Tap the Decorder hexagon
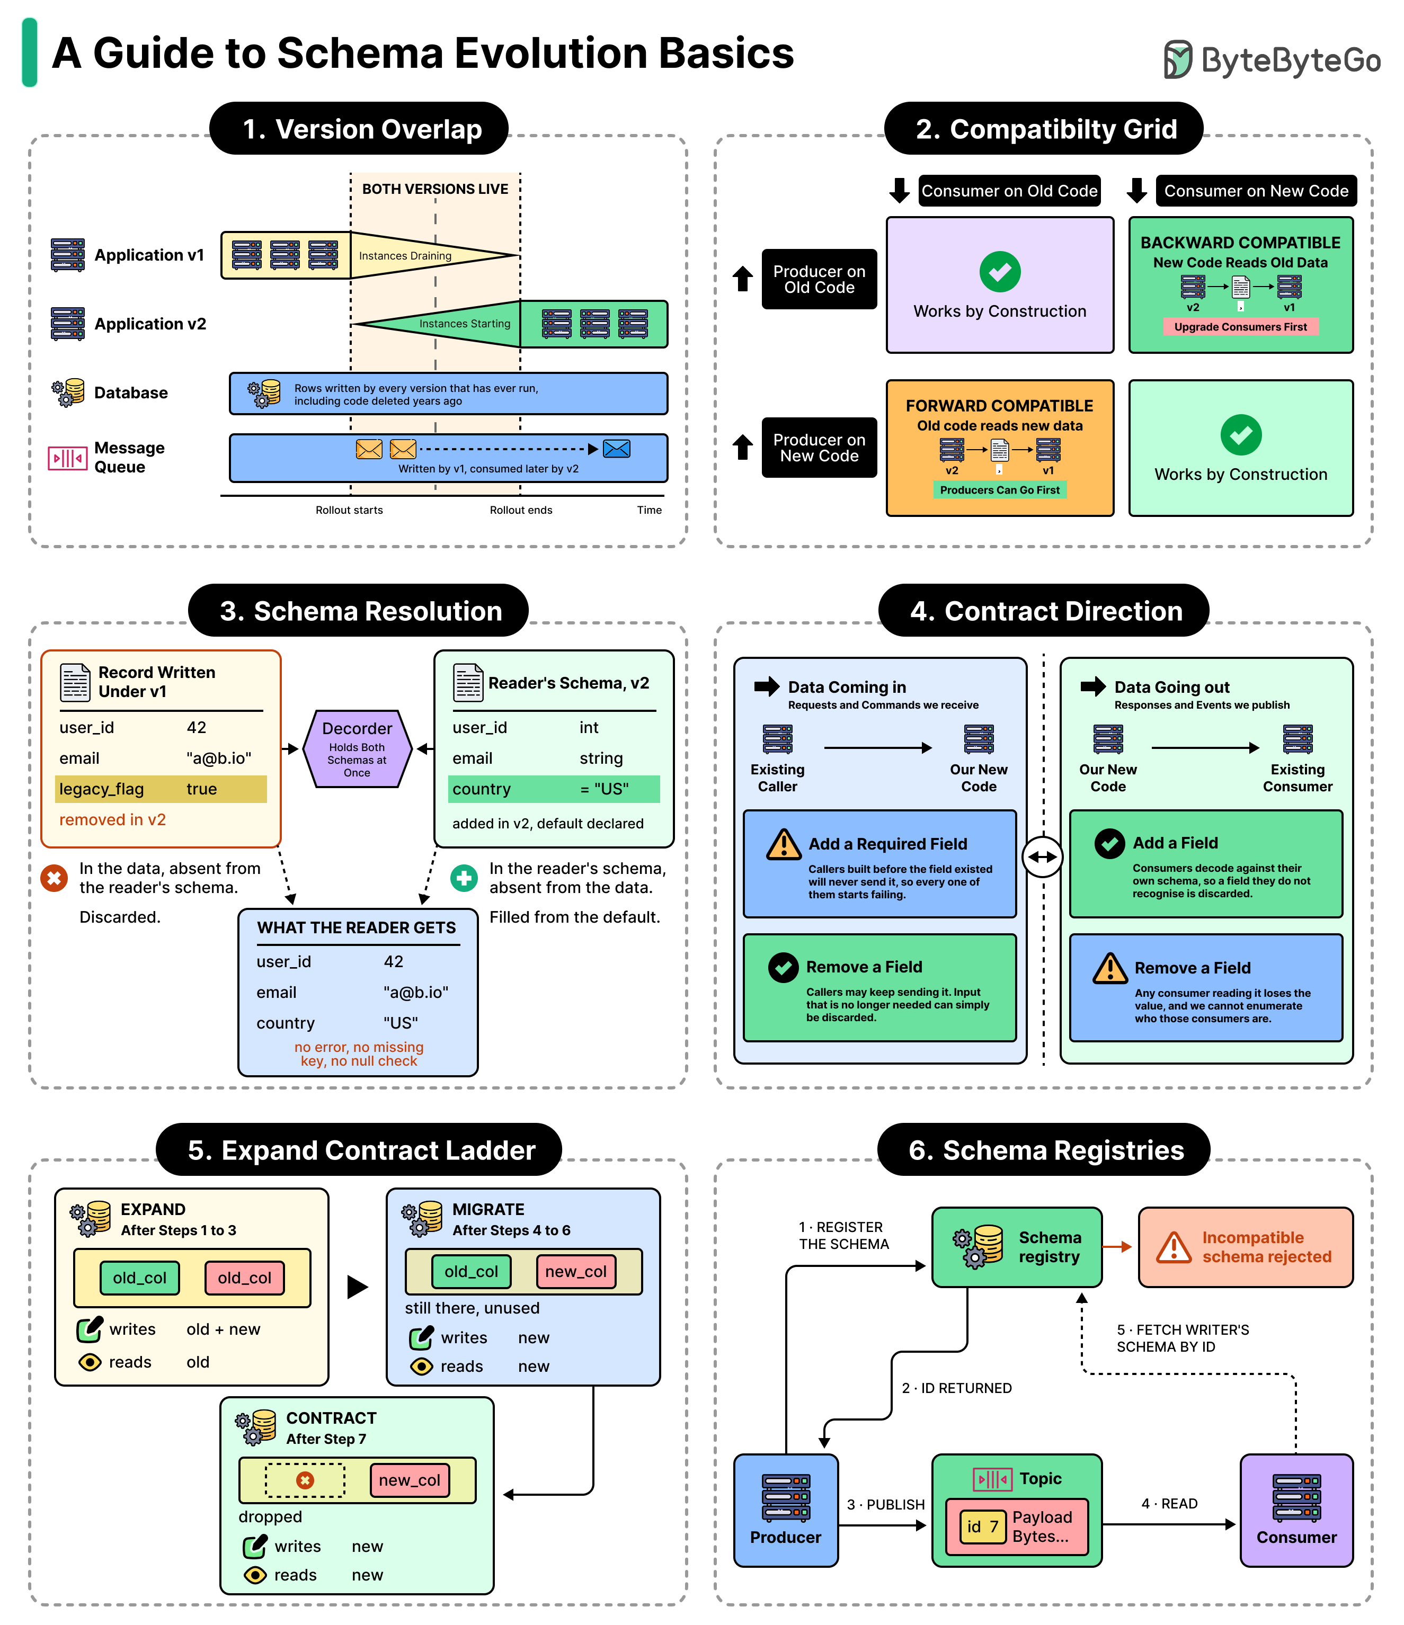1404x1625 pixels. point(357,749)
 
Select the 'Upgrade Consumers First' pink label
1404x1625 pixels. point(1240,327)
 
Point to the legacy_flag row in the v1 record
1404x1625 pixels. point(161,789)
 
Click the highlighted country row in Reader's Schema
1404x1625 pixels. point(554,789)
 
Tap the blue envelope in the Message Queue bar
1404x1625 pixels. point(617,449)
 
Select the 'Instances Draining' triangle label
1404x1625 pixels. point(405,256)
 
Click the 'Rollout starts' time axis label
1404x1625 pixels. point(349,510)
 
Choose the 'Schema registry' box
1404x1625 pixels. point(1017,1247)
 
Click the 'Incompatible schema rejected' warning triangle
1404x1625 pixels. point(1174,1247)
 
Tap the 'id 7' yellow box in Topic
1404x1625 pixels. point(983,1526)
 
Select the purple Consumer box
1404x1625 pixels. point(1296,1511)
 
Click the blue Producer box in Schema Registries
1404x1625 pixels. point(786,1511)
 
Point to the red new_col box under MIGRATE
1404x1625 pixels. point(576,1271)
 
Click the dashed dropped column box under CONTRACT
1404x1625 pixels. point(305,1480)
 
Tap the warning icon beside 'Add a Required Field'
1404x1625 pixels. point(784,845)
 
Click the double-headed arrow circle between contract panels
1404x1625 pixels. point(1043,856)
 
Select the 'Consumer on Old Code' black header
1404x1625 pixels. point(1009,191)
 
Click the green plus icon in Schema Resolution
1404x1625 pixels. point(464,878)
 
